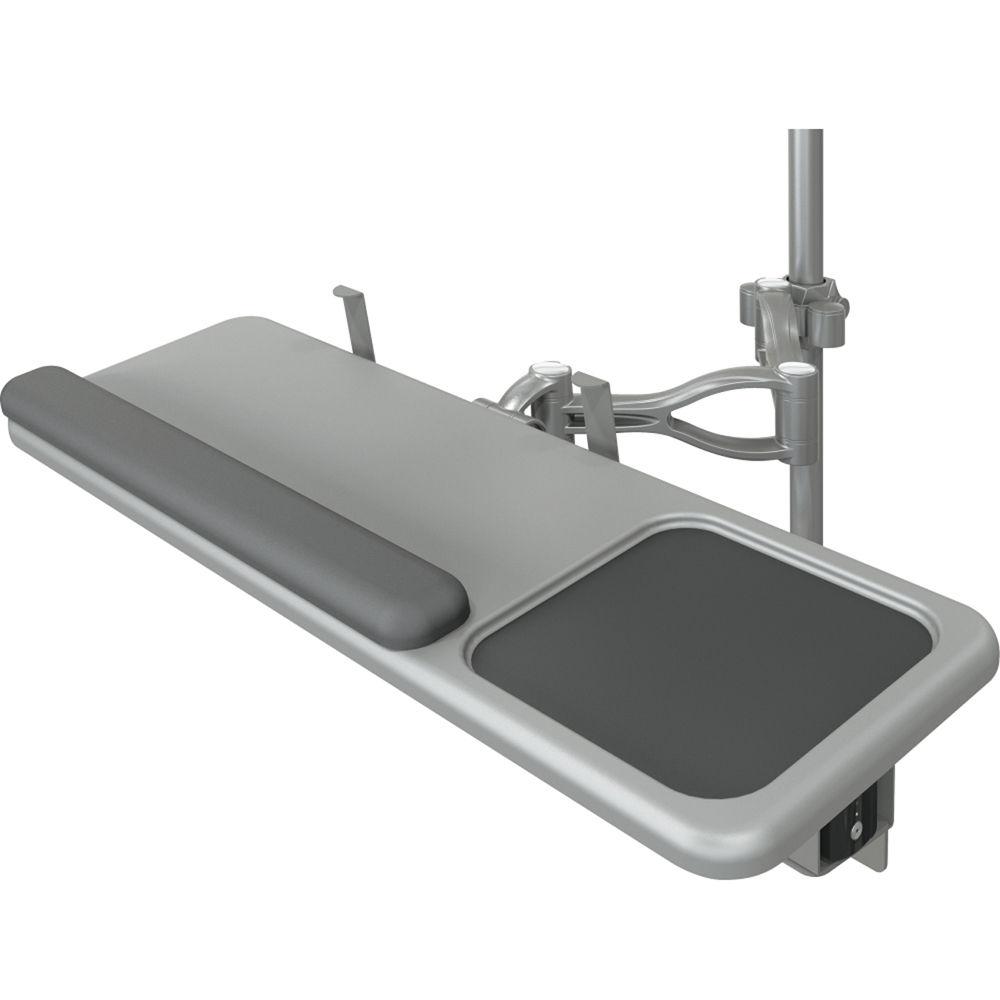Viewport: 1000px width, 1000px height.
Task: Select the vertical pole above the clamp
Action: (x=804, y=200)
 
